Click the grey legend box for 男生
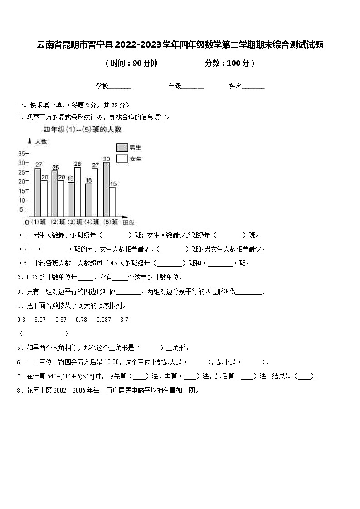(122, 147)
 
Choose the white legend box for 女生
(122, 159)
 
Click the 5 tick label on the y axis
(22, 209)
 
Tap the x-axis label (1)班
(38, 222)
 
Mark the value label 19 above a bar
(71, 179)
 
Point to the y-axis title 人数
(41, 141)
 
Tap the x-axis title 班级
(129, 222)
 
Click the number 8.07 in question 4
(40, 320)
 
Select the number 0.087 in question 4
(104, 320)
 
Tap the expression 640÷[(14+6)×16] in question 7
(73, 376)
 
